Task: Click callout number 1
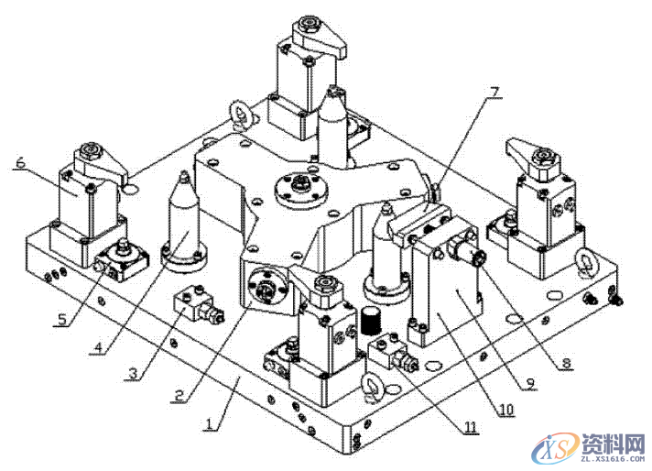click(x=209, y=425)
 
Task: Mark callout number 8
click(x=566, y=364)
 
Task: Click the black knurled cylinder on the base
click(x=371, y=321)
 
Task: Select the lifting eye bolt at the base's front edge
click(x=372, y=386)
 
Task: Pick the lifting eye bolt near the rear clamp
click(x=241, y=112)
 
